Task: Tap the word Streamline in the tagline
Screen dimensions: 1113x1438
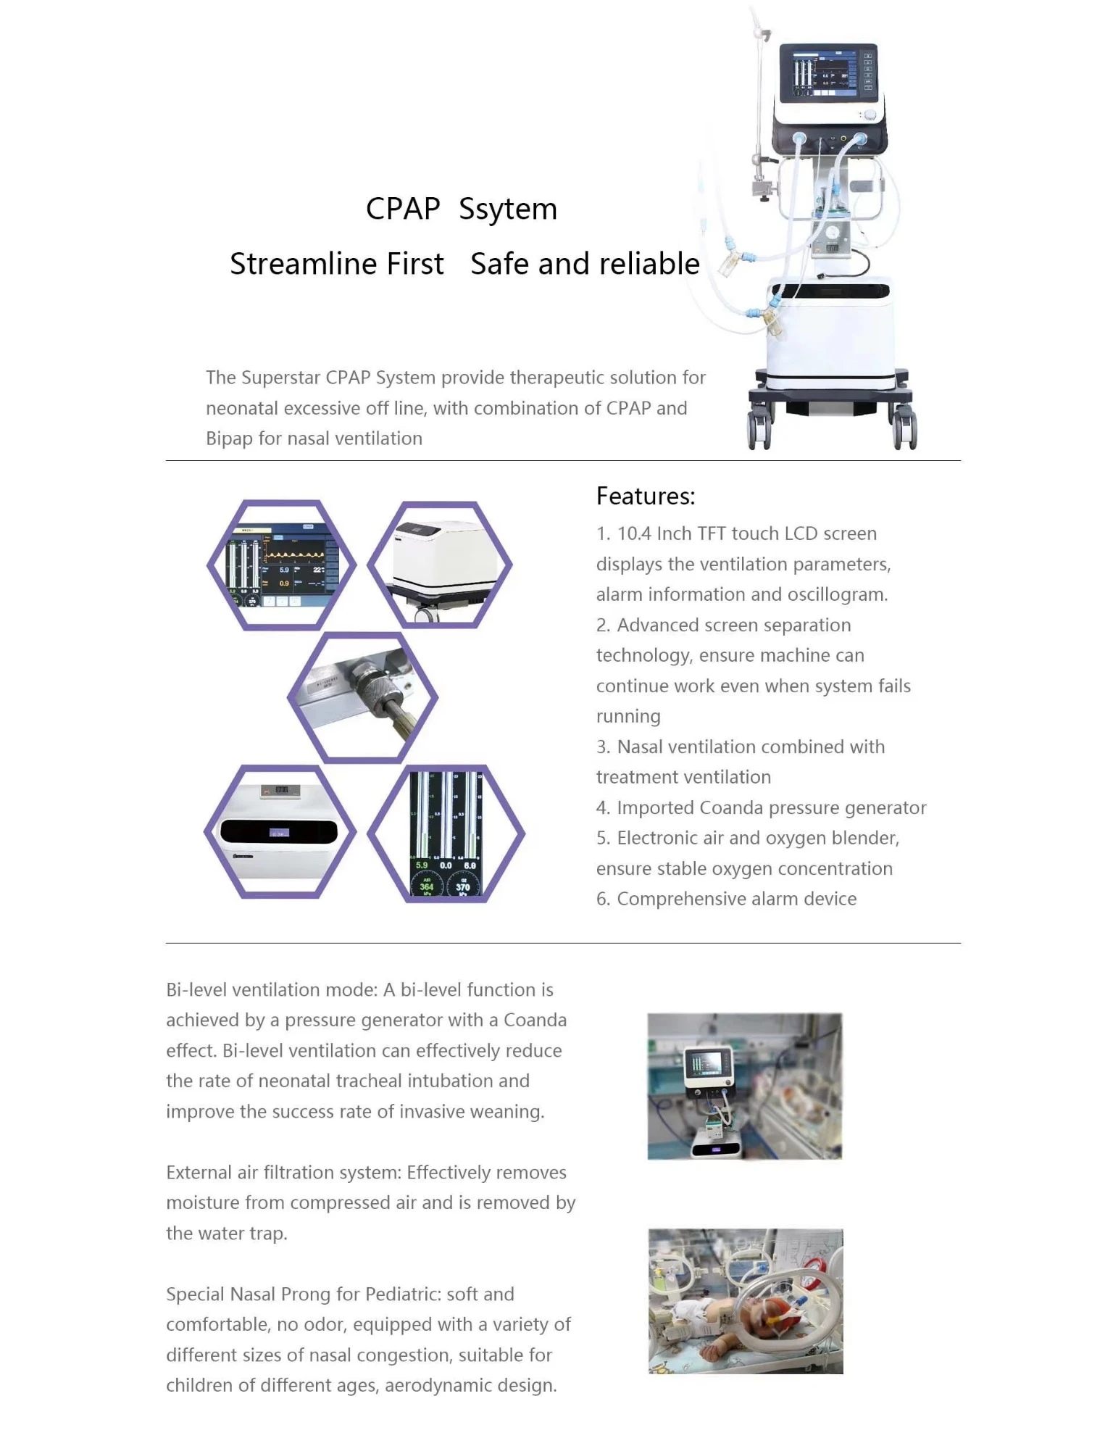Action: point(337,264)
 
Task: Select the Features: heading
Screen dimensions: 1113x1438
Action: point(646,496)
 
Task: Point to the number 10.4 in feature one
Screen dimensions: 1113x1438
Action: point(634,533)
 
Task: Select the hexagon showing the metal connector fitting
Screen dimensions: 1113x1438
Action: point(362,697)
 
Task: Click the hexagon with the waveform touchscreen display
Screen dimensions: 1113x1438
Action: point(282,565)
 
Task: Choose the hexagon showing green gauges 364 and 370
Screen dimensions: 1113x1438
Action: point(446,834)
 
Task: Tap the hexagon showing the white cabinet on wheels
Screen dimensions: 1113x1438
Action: point(440,565)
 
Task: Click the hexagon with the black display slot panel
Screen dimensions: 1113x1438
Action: point(280,832)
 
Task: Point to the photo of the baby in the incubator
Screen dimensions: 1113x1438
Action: point(746,1301)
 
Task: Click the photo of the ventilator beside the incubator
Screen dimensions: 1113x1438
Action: point(745,1086)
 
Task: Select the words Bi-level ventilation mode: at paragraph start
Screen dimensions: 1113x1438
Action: point(272,990)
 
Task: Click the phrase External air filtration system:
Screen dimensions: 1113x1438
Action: point(284,1173)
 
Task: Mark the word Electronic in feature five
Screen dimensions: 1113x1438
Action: point(657,839)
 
